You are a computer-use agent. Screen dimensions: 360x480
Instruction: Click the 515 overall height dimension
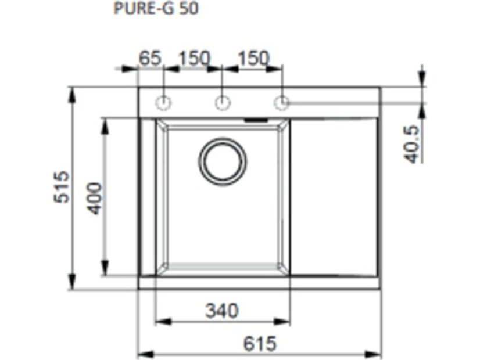click(x=62, y=186)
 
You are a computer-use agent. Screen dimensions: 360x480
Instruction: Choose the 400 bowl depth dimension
click(x=94, y=197)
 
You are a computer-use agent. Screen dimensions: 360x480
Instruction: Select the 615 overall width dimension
click(x=259, y=343)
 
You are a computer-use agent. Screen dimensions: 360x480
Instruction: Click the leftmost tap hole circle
click(x=163, y=103)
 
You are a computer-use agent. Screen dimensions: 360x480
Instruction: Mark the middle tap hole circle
click(x=222, y=103)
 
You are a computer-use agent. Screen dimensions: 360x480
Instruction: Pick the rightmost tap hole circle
click(x=281, y=103)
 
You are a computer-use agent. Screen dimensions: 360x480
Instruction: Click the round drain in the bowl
click(x=223, y=161)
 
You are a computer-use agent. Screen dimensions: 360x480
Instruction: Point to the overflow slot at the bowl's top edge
click(x=256, y=120)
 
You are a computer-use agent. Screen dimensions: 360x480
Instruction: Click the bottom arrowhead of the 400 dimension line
click(x=105, y=270)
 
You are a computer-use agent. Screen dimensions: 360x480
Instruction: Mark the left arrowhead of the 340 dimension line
click(x=162, y=321)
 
